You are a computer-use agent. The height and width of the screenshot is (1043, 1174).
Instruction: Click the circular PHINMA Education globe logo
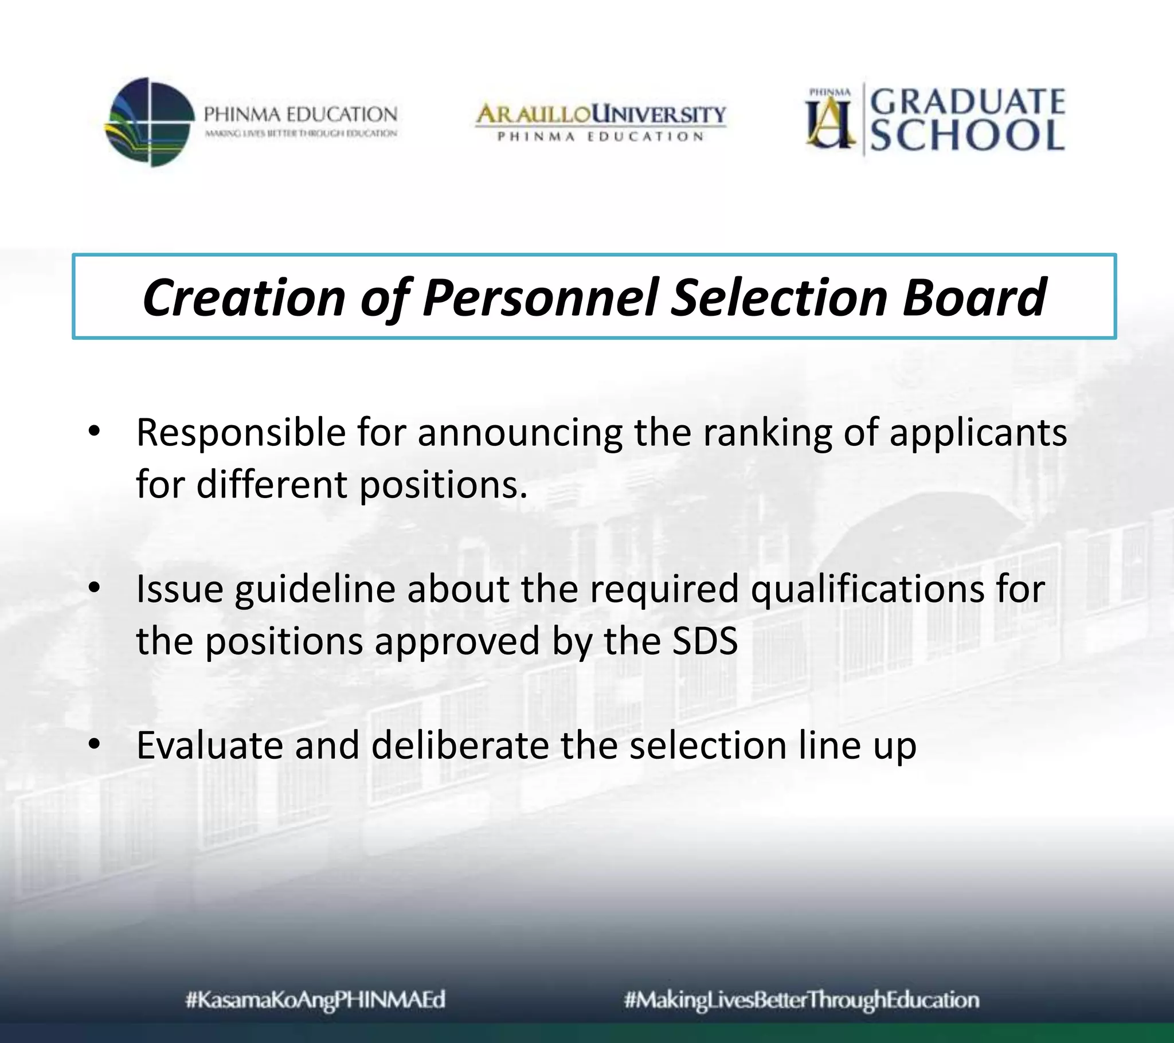pyautogui.click(x=150, y=122)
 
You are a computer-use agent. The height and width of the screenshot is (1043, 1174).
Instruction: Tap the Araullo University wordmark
pyautogui.click(x=601, y=114)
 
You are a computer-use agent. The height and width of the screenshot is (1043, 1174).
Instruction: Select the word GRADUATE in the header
pyautogui.click(x=968, y=102)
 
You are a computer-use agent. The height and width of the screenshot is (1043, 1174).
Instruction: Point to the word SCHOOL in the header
pyautogui.click(x=968, y=136)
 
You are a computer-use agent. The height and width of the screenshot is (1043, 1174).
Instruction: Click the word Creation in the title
pyautogui.click(x=244, y=297)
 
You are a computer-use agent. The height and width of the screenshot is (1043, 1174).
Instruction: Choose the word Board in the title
pyautogui.click(x=974, y=297)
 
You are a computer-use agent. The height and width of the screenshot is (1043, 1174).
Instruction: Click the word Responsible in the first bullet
pyautogui.click(x=241, y=433)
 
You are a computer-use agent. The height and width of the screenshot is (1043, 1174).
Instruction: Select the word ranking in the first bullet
pyautogui.click(x=768, y=433)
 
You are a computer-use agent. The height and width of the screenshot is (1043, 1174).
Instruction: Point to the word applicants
pyautogui.click(x=978, y=433)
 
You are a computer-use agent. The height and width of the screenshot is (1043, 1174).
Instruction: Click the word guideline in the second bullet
pyautogui.click(x=315, y=589)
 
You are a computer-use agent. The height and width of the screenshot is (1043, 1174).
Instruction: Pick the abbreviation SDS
pyautogui.click(x=705, y=641)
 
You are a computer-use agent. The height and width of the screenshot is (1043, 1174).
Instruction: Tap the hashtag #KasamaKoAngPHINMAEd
pyautogui.click(x=316, y=1000)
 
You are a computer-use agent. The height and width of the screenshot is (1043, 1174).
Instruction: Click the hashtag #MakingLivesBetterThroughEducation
pyautogui.click(x=802, y=1000)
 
